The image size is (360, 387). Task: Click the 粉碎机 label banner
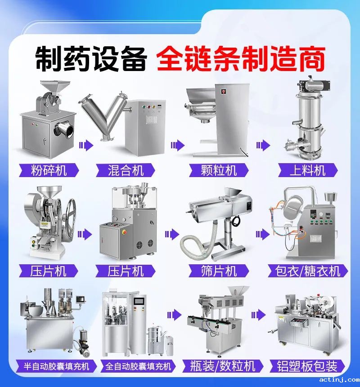tap(49, 170)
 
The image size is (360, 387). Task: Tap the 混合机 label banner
tap(126, 170)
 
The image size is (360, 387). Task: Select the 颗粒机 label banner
tap(219, 170)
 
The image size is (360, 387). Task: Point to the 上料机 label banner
tap(308, 170)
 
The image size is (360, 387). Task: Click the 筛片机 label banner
tap(219, 271)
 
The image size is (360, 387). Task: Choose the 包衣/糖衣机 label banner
tap(308, 271)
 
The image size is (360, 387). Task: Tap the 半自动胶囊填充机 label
tap(56, 366)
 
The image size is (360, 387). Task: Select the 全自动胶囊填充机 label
tap(138, 366)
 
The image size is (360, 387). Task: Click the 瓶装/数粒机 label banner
tap(223, 366)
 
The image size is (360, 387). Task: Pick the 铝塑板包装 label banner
tap(307, 366)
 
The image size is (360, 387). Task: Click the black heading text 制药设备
tap(91, 58)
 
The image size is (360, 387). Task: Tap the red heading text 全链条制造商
tap(241, 58)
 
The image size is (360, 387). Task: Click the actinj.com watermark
tap(339, 380)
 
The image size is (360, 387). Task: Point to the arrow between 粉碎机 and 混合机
tap(86, 145)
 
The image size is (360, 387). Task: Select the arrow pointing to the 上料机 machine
tap(263, 145)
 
